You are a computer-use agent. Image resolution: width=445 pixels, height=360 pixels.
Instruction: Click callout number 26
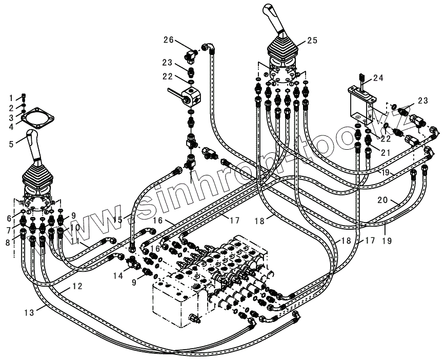tap(169, 39)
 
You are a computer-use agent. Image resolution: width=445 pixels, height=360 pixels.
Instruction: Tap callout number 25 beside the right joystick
tap(313, 40)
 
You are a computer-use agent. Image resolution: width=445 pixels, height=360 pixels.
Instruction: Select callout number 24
tap(378, 78)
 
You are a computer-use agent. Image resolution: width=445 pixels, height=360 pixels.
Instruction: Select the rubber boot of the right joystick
tap(282, 49)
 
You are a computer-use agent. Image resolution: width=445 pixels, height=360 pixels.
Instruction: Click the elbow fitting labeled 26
tap(191, 54)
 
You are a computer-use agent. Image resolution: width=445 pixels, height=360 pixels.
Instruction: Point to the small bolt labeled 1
tap(25, 96)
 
